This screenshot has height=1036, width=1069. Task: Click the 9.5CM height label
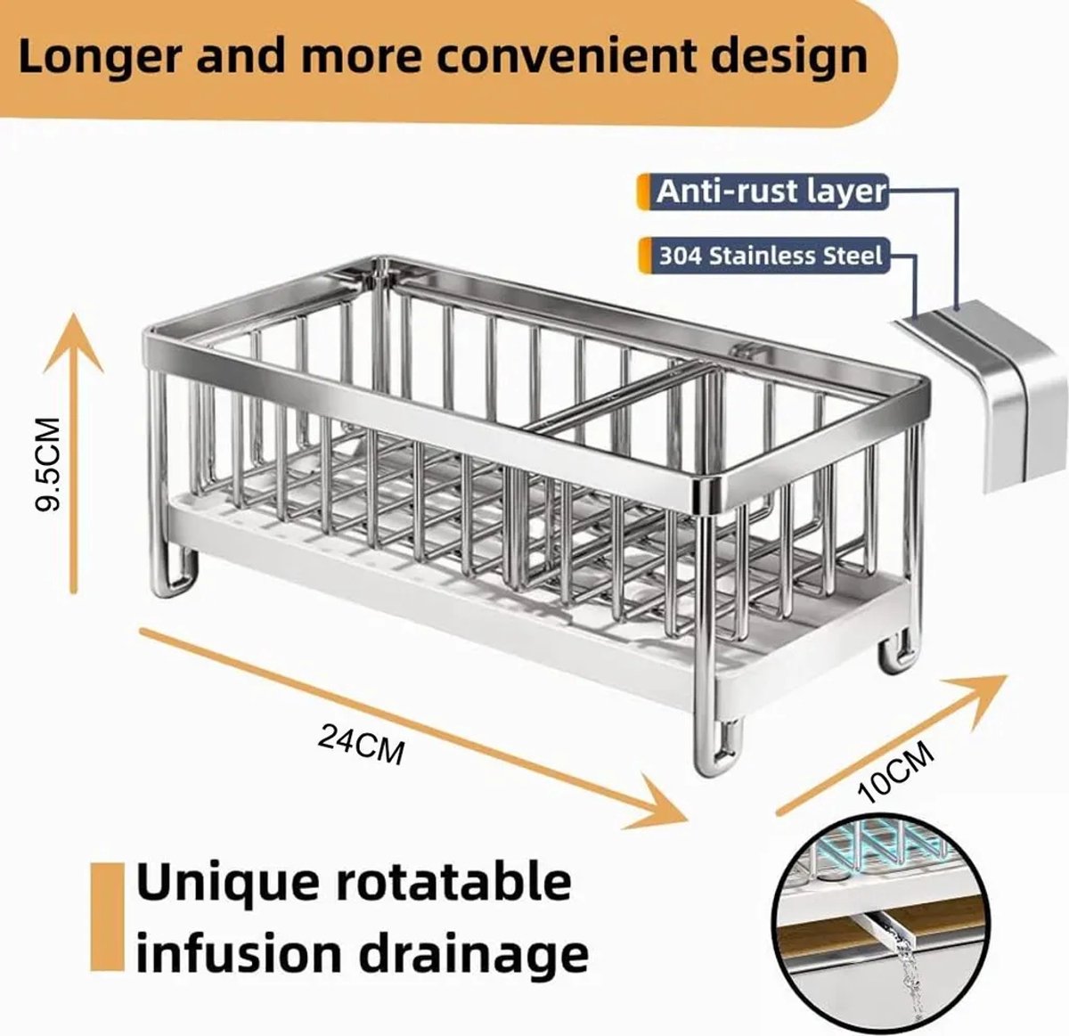tap(46, 463)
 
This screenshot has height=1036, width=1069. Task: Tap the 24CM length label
tap(362, 744)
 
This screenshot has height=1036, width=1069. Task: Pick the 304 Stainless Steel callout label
tap(769, 256)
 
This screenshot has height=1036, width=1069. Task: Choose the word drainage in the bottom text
tap(476, 957)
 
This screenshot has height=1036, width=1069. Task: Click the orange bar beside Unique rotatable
tap(108, 918)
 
